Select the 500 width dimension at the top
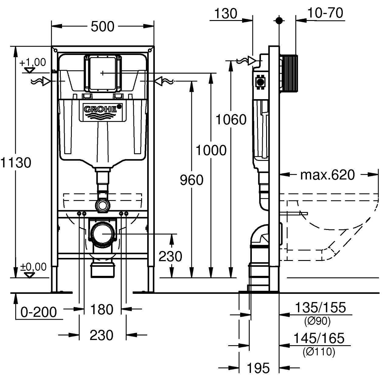click(102, 27)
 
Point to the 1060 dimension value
click(231, 120)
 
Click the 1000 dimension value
click(211, 150)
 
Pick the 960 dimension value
click(191, 180)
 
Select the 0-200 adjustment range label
click(39, 312)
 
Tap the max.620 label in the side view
click(328, 175)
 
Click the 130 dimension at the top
click(226, 13)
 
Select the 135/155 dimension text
click(319, 307)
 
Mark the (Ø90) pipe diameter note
click(317, 321)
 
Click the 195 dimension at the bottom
click(258, 368)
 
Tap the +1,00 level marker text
click(33, 62)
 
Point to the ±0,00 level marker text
click(33, 267)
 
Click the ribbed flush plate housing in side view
click(288, 73)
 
